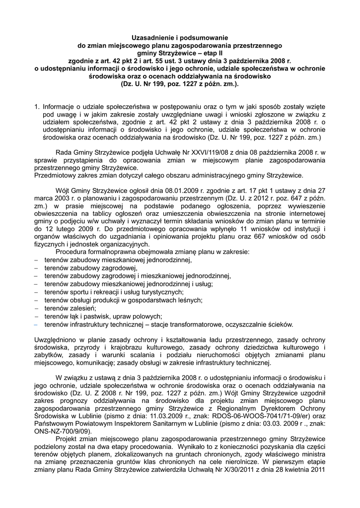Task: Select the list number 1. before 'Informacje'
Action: pyautogui.click(x=37, y=106)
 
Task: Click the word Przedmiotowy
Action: pyautogui.click(x=56, y=176)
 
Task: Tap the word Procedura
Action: pyautogui.click(x=72, y=252)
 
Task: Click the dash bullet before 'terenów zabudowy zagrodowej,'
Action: pyautogui.click(x=36, y=268)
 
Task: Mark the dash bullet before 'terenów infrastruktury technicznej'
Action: pyautogui.click(x=36, y=324)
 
